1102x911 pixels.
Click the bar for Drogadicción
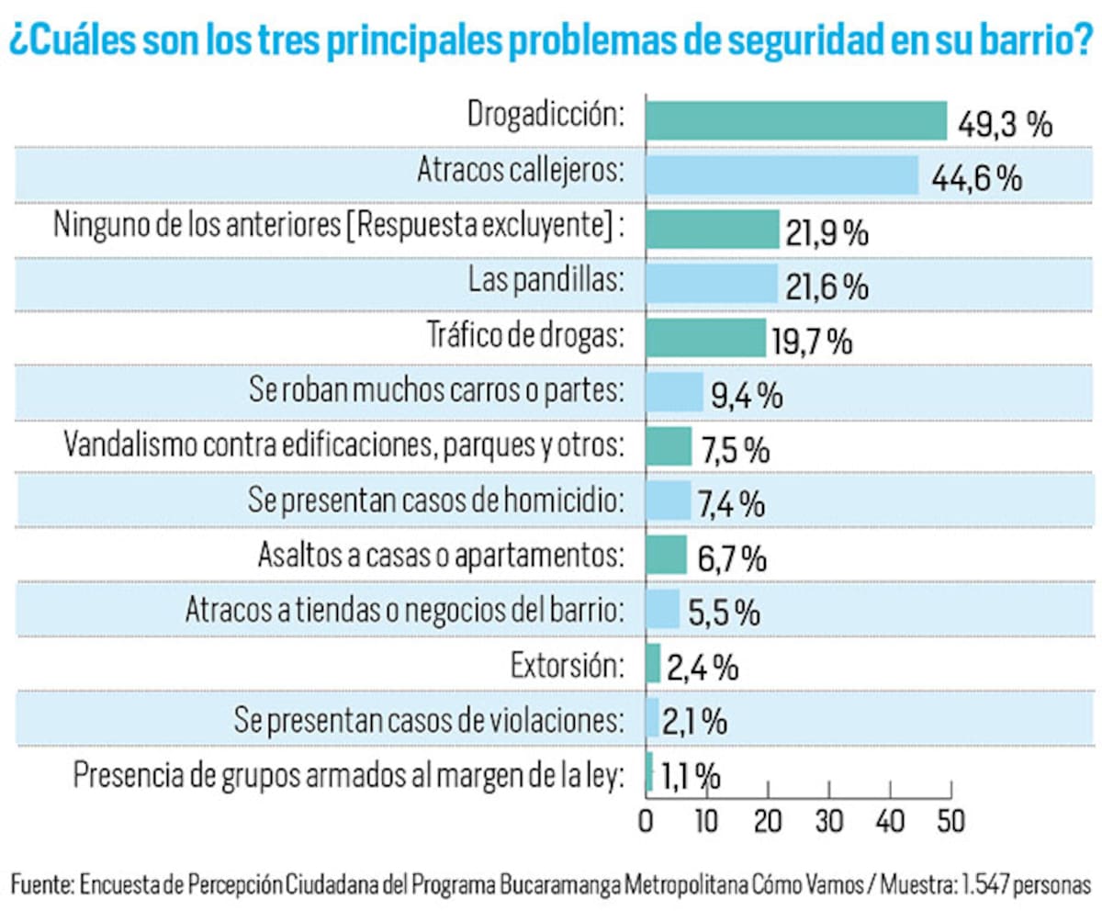795,120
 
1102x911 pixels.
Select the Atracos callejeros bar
782,174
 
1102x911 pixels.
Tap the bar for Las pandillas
712,284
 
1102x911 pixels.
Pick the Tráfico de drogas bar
705,338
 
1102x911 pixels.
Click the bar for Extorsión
653,663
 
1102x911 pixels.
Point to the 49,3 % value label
1005,124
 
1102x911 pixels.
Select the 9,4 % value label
745,396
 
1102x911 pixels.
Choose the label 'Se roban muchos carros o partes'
437,392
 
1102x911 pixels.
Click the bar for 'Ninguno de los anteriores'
713,230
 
